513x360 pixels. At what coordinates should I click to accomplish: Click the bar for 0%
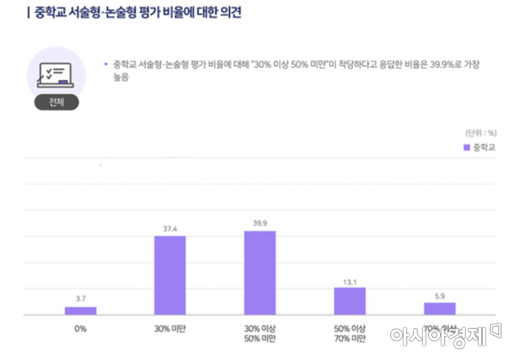click(x=81, y=310)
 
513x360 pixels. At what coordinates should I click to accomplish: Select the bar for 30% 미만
click(x=169, y=275)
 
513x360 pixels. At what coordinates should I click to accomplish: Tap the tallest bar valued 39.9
click(x=260, y=273)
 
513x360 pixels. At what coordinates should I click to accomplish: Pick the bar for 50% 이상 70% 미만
click(x=350, y=301)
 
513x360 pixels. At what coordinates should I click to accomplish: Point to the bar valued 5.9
click(x=439, y=308)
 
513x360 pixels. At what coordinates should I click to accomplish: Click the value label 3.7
click(x=81, y=299)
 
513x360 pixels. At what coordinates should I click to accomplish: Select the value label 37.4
click(x=169, y=228)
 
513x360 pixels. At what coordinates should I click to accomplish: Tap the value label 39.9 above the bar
click(x=260, y=223)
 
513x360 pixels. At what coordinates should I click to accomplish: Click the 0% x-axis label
click(x=81, y=328)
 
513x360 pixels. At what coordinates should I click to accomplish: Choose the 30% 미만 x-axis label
click(x=169, y=328)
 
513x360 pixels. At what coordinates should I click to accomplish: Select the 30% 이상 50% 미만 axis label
click(x=260, y=334)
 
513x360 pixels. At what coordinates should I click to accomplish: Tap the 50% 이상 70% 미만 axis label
click(x=350, y=334)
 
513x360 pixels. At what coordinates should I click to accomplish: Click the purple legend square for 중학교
click(x=466, y=147)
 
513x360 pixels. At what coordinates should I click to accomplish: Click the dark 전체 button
click(x=56, y=102)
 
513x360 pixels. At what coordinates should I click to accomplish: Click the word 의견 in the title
click(x=228, y=13)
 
